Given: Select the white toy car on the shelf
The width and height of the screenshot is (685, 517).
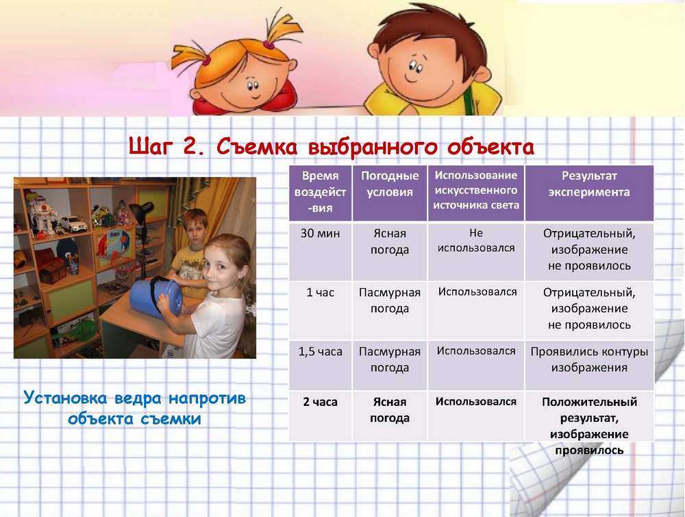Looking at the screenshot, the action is (73, 224).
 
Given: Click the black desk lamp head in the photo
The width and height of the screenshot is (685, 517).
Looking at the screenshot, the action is (143, 211).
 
